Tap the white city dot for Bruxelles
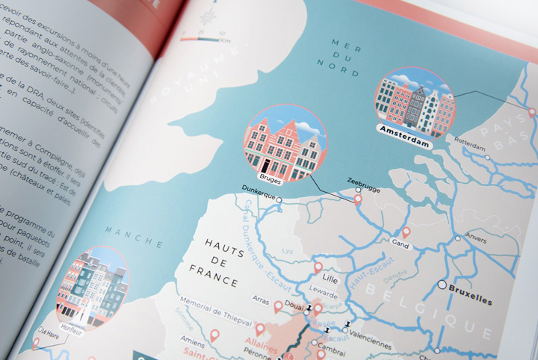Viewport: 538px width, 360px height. [442, 285]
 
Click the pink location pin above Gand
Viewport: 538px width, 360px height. [406, 232]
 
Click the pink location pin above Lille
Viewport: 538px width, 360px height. [318, 267]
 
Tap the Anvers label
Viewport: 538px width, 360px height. [477, 240]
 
